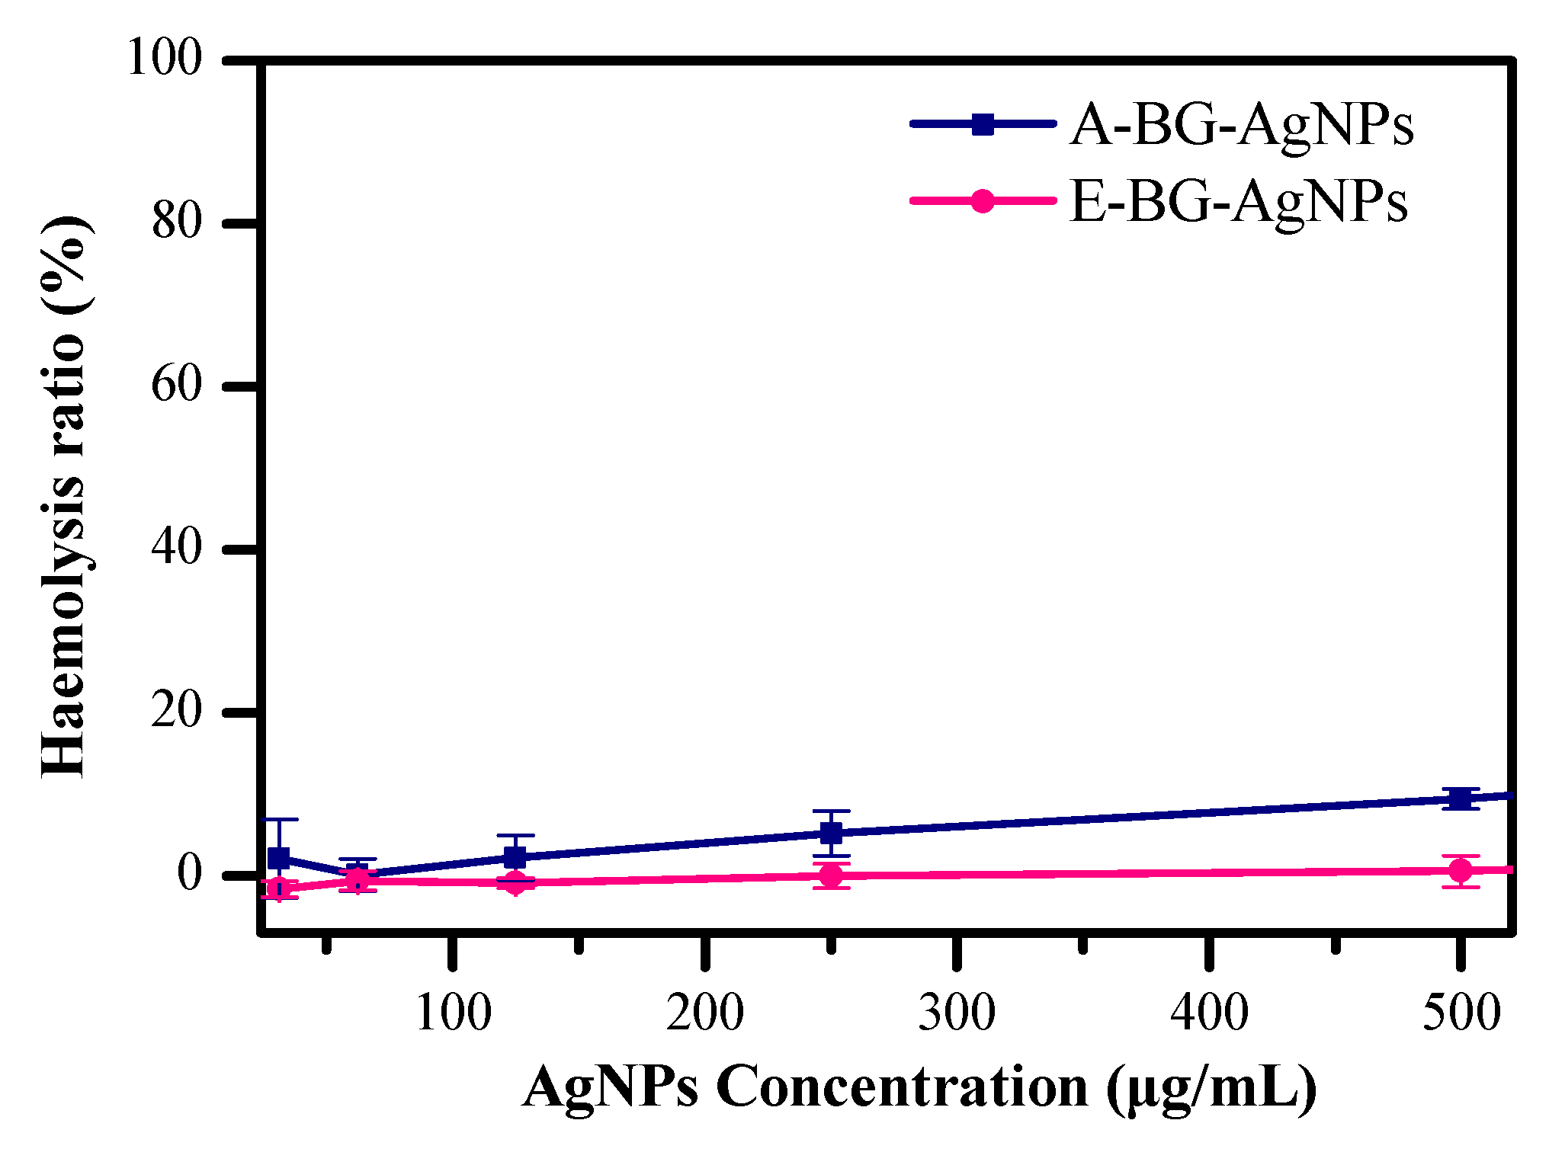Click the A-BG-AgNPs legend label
click(1242, 125)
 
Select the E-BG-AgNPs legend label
click(1238, 202)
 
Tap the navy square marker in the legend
click(983, 124)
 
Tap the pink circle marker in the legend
click(983, 201)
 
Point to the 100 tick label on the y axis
click(165, 58)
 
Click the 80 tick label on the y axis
click(177, 222)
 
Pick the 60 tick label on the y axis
click(177, 385)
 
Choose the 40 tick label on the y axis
click(177, 547)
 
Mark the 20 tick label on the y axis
click(177, 711)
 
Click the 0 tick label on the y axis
click(190, 873)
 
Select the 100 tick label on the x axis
click(454, 1014)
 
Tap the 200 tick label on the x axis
click(705, 1014)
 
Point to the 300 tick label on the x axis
click(957, 1014)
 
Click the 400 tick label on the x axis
click(1209, 1014)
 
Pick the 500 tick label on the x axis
click(1461, 1014)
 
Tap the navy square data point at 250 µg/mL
click(831, 833)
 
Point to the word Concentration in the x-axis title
click(902, 1087)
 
